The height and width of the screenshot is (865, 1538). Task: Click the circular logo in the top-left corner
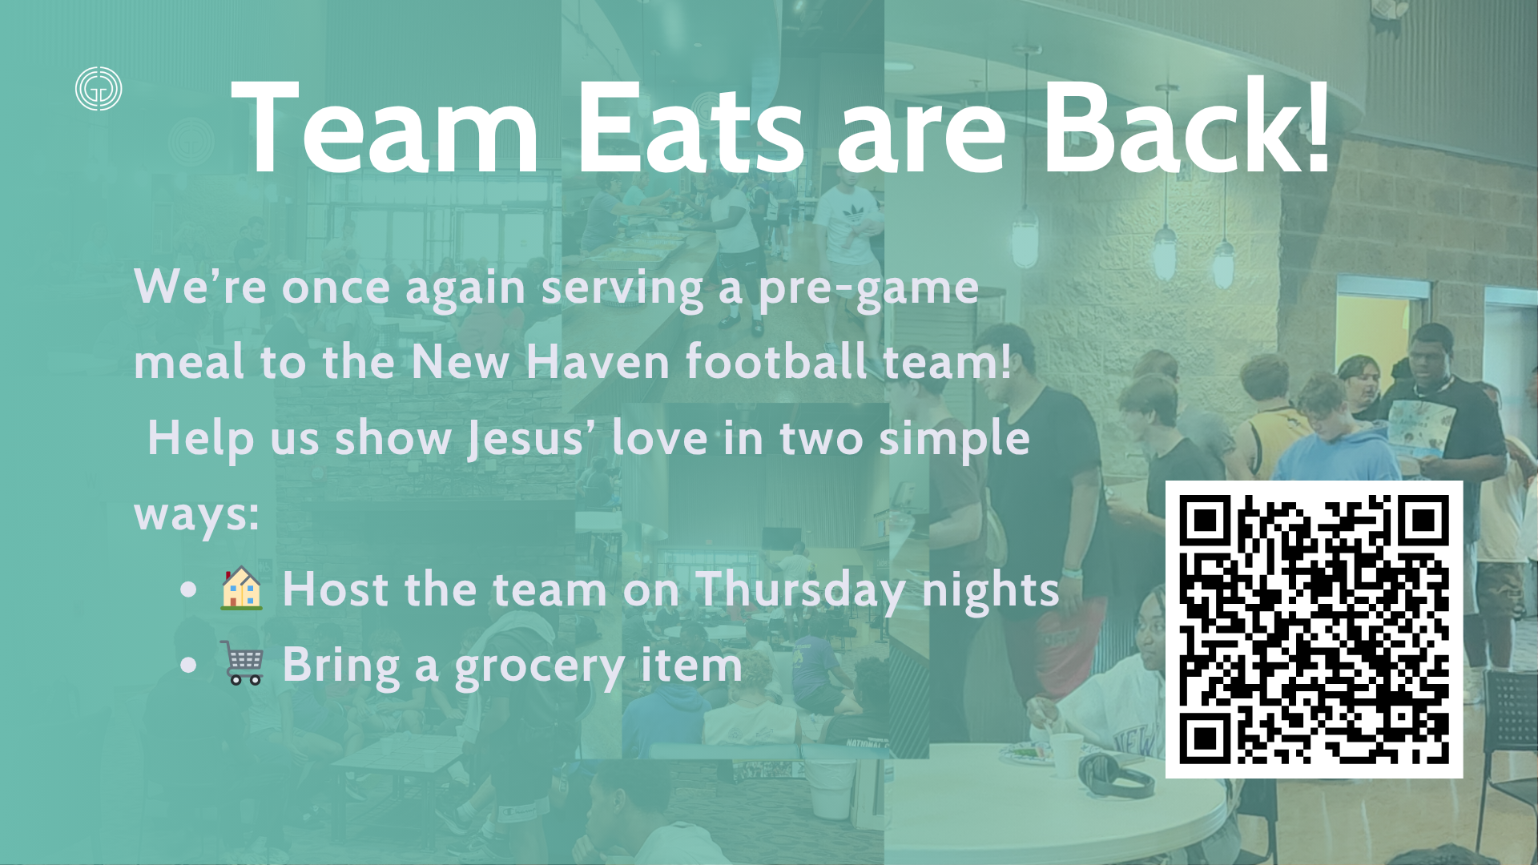point(99,88)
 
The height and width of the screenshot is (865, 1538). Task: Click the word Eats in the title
point(690,128)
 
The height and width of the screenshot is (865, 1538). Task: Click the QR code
point(1314,629)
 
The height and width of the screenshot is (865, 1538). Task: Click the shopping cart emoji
point(241,662)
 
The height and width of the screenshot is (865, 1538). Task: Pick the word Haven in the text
point(598,362)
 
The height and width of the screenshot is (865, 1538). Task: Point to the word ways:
point(197,515)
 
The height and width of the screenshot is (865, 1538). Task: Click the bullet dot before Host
point(189,590)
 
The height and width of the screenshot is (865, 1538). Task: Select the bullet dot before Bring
point(189,665)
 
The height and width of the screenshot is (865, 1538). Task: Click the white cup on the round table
point(1066,754)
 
